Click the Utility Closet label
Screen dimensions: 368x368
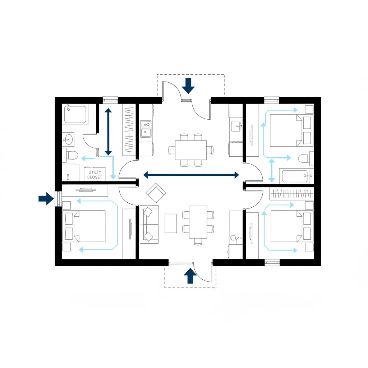[x=95, y=175]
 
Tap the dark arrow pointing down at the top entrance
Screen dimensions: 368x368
[x=188, y=86]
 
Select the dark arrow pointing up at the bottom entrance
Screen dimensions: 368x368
[x=190, y=276]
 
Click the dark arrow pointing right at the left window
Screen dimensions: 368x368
[x=46, y=198]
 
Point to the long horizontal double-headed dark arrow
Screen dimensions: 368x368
[x=191, y=175]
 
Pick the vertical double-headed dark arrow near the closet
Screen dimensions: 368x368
[x=108, y=132]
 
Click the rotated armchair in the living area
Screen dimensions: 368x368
[x=156, y=193]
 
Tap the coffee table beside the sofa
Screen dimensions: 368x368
[x=171, y=223]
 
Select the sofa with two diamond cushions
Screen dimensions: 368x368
[x=149, y=224]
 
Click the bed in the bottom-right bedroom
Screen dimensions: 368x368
[x=292, y=226]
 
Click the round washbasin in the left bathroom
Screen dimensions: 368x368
[x=68, y=140]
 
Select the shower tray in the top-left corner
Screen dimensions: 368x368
[x=75, y=114]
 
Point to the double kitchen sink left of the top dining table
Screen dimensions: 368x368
[x=146, y=129]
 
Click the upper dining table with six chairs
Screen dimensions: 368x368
[x=191, y=150]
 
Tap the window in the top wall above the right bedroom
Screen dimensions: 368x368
[x=272, y=100]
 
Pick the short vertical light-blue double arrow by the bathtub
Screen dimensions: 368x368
[x=272, y=170]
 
